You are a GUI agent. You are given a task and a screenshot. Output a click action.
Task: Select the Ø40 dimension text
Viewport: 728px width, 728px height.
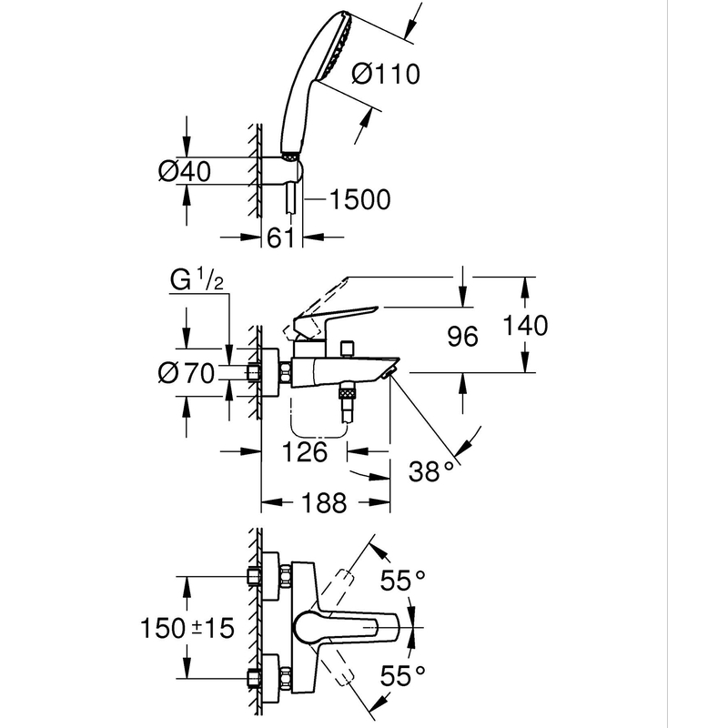(x=186, y=171)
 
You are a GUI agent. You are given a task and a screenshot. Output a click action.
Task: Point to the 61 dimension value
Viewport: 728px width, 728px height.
(x=277, y=238)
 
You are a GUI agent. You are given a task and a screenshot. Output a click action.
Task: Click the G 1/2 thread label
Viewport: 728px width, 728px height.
(x=197, y=282)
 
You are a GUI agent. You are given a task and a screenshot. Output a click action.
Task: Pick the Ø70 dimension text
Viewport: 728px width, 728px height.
(x=186, y=373)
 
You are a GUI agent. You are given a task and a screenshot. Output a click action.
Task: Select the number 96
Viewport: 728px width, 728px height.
(x=462, y=337)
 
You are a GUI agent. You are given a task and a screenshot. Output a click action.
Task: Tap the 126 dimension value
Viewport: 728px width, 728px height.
(x=306, y=451)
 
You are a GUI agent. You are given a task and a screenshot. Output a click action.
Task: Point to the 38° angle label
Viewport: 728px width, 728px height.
(x=430, y=470)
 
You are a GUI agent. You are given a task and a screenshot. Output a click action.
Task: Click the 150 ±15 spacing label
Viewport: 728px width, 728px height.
(x=188, y=626)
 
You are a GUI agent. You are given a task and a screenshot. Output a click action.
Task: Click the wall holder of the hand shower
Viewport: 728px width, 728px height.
(x=288, y=170)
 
